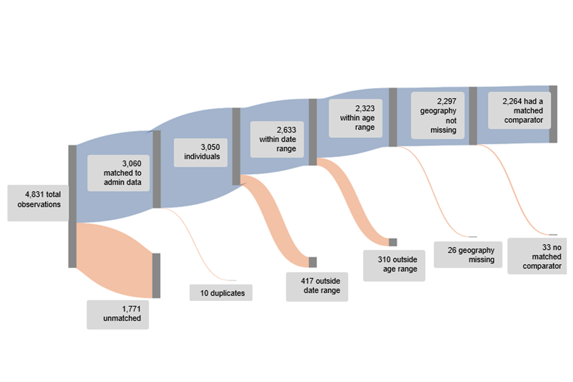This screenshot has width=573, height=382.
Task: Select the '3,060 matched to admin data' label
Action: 118,173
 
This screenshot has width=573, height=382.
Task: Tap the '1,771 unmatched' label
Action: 118,314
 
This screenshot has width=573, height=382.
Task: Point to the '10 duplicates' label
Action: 221,292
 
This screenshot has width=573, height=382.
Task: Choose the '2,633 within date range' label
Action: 278,139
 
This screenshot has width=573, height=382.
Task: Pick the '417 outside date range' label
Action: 316,286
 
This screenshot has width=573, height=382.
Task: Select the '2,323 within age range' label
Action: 356,118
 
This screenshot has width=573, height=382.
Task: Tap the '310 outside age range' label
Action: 394,264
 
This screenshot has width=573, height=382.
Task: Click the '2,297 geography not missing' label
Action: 438,115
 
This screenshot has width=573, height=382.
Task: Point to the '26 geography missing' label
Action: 467,255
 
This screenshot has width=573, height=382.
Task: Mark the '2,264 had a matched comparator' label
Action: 519,110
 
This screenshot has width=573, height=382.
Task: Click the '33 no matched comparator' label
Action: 537,256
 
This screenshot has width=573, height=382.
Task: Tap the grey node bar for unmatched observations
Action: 156,275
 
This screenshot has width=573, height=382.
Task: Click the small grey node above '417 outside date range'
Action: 312,262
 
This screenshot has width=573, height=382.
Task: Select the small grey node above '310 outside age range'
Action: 393,242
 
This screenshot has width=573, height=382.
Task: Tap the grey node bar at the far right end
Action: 553,114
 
